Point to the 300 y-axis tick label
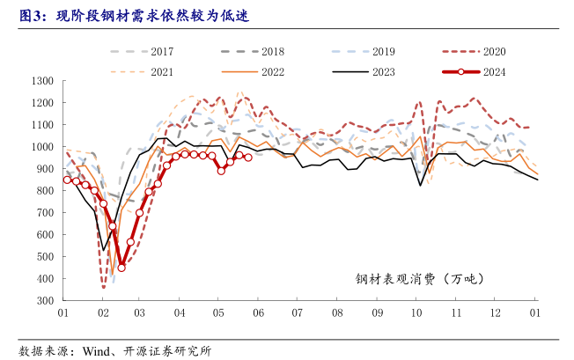click(47, 301)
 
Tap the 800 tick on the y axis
click(47, 191)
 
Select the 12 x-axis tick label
click(496, 313)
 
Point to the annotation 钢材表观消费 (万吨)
click(420, 279)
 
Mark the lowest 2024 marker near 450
click(121, 268)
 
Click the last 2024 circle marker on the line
click(248, 158)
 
